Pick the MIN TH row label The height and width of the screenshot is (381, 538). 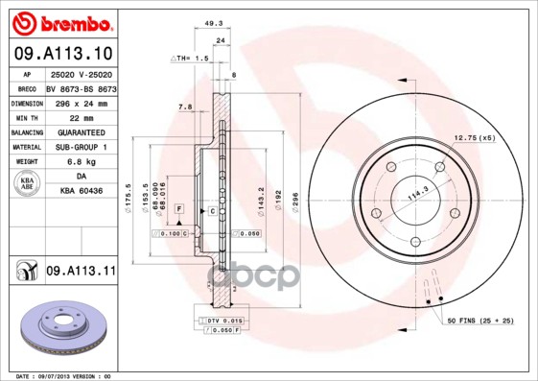point(26,115)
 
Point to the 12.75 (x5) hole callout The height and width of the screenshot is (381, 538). point(475,139)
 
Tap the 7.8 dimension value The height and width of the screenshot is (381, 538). point(185,107)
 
